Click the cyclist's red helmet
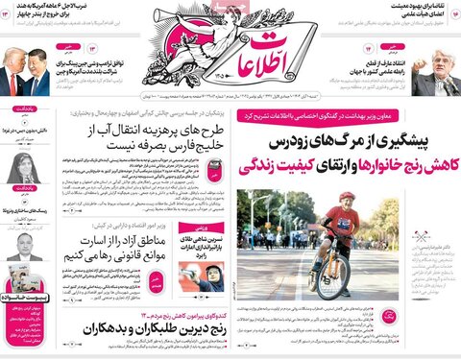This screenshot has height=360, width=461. [347, 198]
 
